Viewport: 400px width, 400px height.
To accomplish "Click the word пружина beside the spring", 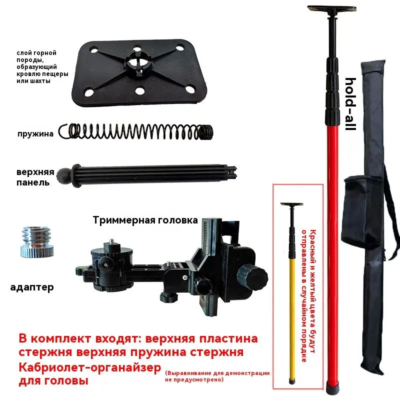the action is click(35, 134).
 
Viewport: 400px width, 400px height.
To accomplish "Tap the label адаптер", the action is click(32, 287).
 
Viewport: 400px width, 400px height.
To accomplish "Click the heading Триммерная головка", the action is click(145, 220).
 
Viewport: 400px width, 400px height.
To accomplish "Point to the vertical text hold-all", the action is click(350, 104).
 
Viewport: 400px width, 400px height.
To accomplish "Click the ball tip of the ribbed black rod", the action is click(63, 175).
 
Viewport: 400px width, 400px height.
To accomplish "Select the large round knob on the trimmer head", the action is click(252, 276).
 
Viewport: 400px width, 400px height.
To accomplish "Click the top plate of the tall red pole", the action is click(331, 9).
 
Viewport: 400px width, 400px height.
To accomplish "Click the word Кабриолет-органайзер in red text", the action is click(90, 368).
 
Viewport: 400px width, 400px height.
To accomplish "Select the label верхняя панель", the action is click(35, 177).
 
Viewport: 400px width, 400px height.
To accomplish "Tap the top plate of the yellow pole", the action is click(291, 204).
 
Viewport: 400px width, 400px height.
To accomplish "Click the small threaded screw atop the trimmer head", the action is click(112, 241).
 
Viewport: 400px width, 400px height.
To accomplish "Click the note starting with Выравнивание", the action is click(217, 376).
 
